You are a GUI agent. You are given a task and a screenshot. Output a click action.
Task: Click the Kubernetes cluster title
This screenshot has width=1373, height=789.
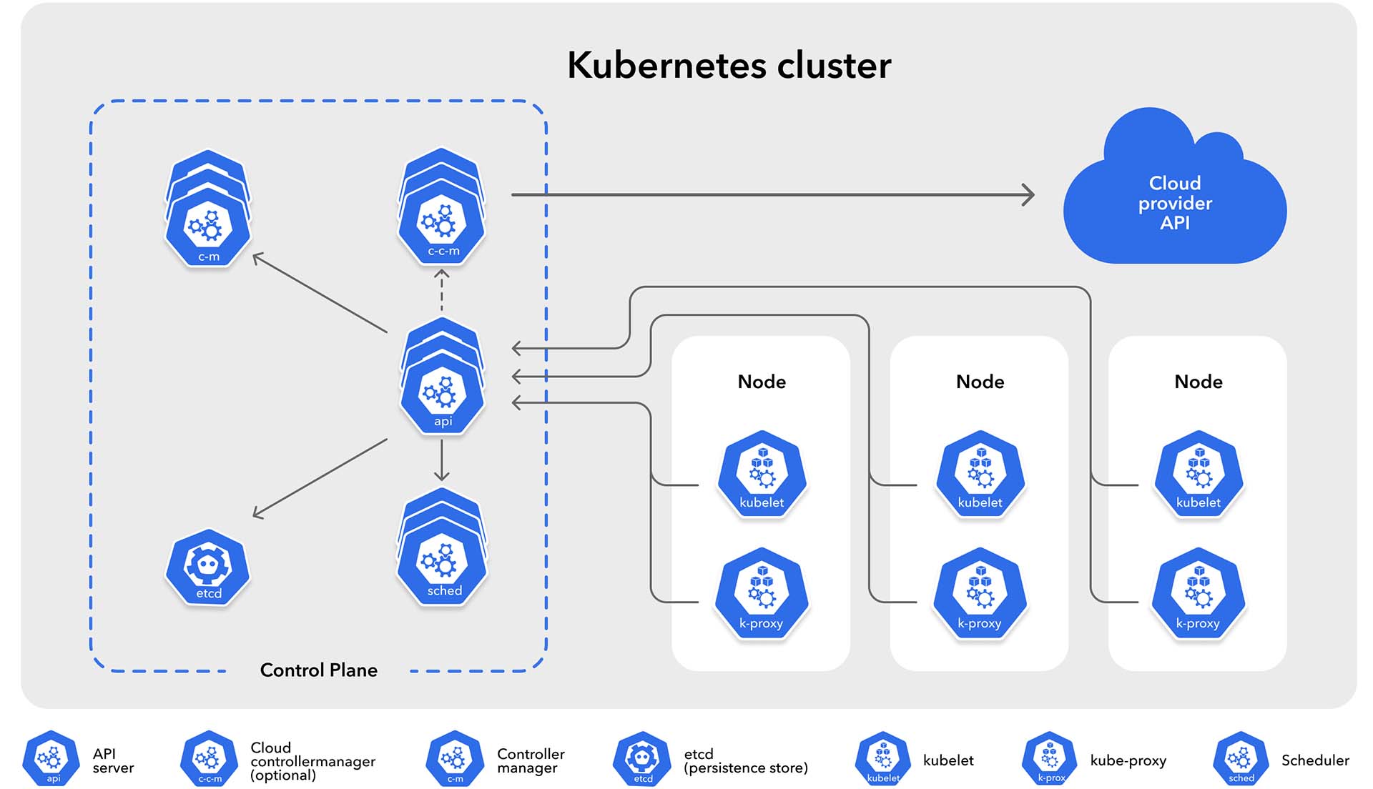coord(729,65)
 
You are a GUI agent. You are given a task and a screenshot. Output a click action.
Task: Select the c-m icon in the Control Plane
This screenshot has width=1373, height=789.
coord(208,209)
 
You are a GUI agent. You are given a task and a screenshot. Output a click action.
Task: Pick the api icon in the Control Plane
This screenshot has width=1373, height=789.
coord(443,377)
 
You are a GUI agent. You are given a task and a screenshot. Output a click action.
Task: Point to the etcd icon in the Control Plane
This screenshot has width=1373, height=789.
coord(208,568)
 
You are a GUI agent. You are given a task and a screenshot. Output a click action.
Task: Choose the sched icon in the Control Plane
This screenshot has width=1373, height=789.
coord(443,547)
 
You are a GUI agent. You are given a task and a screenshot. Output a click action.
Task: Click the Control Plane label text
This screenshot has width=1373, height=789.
coord(319,670)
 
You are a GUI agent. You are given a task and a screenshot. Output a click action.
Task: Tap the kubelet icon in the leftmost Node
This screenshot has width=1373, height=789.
coord(762,472)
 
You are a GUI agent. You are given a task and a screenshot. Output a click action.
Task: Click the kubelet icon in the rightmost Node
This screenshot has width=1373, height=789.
coord(1199,472)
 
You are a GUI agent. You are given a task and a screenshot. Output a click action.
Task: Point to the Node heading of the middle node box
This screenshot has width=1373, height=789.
coord(980,382)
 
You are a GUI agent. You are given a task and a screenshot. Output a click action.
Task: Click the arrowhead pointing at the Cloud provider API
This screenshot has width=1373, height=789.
coord(1028,194)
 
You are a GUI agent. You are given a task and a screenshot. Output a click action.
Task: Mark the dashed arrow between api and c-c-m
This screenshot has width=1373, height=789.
coord(442,291)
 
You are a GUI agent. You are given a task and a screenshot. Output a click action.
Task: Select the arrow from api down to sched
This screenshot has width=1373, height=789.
coord(442,460)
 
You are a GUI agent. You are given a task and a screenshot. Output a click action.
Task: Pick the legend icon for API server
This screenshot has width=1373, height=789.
coord(51,758)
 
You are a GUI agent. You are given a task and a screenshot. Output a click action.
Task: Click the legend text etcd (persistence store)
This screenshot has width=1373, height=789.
coord(746,761)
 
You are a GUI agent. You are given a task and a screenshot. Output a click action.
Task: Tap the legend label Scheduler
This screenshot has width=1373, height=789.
coord(1315,760)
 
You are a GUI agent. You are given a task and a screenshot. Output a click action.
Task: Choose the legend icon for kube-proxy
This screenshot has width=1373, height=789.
coord(1050,758)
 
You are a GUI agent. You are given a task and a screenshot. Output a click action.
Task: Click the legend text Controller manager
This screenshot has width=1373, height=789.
coord(531,761)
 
